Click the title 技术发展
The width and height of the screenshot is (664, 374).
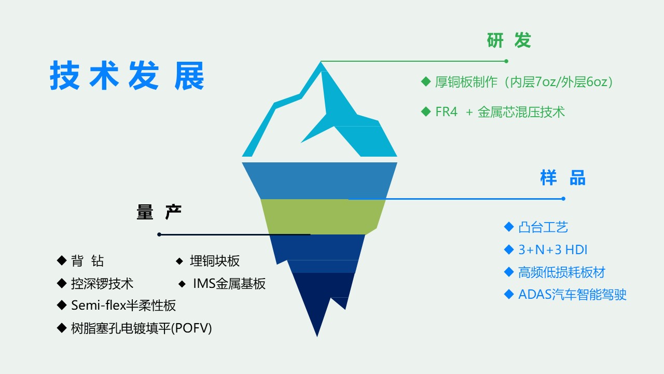point(127,76)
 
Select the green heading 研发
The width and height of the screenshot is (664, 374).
point(509,40)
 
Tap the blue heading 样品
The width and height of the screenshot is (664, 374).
point(563,178)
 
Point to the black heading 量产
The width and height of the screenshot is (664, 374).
point(159,212)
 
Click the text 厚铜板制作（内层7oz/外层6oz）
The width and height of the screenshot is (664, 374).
point(524,82)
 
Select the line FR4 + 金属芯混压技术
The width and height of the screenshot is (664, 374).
point(500,112)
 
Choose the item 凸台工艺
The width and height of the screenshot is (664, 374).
point(543,227)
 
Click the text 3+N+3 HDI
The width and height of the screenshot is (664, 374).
point(553,250)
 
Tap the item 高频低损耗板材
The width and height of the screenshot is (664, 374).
point(562,272)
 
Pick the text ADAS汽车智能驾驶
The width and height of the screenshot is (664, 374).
point(572,295)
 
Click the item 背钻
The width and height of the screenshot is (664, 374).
point(88,261)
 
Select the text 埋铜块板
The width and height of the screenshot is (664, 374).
point(215,261)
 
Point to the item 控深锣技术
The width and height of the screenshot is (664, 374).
point(102,284)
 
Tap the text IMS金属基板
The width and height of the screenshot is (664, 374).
point(229,284)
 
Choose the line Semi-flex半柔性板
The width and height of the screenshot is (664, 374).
point(123,306)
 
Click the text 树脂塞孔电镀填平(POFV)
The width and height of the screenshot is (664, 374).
point(142,328)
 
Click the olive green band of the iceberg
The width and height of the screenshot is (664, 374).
point(323,217)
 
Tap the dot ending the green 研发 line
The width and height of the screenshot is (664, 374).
point(506,61)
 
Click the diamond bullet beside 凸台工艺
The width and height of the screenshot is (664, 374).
point(509,227)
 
